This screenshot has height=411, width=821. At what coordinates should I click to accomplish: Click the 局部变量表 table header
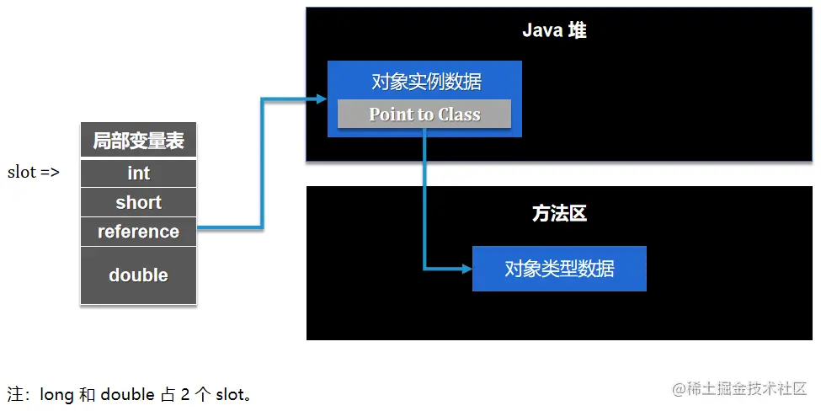138,141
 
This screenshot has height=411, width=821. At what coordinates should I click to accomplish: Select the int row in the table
138,173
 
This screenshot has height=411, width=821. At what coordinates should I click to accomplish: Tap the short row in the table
138,203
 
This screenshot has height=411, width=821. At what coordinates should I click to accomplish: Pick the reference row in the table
138,232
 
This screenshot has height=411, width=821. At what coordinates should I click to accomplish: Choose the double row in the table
138,275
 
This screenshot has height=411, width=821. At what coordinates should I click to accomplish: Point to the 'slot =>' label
34,173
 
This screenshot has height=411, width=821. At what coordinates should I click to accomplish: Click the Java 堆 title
554,30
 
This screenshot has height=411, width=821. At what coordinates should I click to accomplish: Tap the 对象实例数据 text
426,82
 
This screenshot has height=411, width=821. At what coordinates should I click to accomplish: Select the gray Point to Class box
424,115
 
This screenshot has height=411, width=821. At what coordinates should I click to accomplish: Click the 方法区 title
559,214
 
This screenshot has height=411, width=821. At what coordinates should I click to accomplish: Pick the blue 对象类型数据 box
559,269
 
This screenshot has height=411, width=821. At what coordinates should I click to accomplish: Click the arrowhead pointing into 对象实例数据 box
320,99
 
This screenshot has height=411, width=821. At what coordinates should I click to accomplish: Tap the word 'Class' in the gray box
460,115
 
